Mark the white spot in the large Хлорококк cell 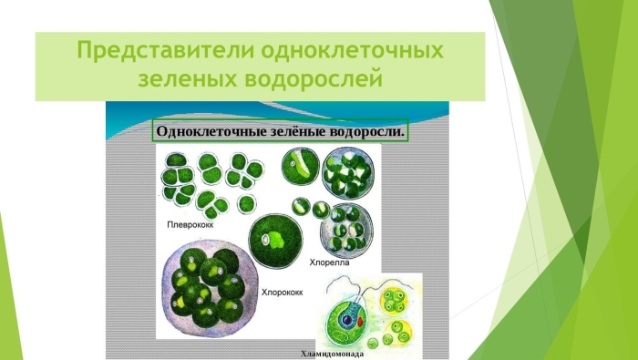tap(267, 240)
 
